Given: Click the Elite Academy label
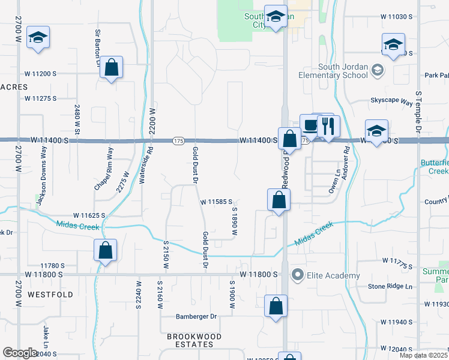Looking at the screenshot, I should pos(333,276).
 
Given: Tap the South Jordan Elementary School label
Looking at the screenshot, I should pos(334,71).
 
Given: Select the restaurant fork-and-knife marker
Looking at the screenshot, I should pos(328,127).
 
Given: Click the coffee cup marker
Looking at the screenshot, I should pos(310,125).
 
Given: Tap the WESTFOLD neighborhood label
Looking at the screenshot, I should pos(51,295).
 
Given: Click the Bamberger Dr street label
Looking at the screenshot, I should pos(196,316).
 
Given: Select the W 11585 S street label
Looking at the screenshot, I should pos(217,202).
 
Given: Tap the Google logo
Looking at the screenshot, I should pos(19,353).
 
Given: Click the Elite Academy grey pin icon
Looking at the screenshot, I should pos(297,275).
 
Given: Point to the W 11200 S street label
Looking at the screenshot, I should pos(40,73).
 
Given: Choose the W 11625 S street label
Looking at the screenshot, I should pos(89,215).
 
